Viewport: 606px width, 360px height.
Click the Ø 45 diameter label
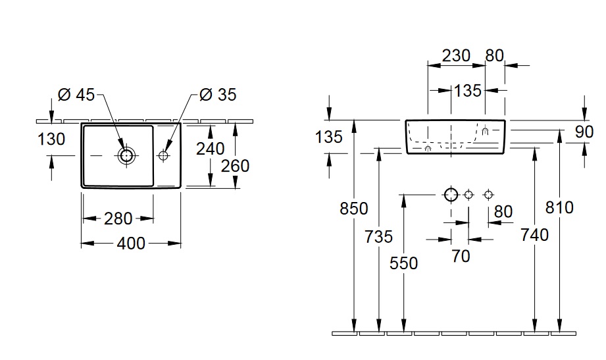click(x=76, y=95)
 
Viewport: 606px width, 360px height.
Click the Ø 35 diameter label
click(x=217, y=95)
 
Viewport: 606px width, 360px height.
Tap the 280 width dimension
click(x=118, y=218)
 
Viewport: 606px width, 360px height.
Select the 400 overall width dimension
click(x=131, y=244)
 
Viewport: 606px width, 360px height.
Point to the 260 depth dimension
click(x=235, y=165)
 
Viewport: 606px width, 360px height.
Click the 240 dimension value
click(x=210, y=149)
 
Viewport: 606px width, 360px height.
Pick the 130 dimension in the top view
click(x=51, y=139)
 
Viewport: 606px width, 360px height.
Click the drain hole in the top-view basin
click(x=125, y=155)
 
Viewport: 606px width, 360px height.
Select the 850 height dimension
click(x=354, y=209)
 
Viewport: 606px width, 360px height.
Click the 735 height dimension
click(x=378, y=236)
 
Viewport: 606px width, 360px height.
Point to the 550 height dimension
click(x=403, y=263)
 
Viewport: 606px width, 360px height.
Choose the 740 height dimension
click(x=534, y=234)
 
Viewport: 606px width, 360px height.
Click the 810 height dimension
click(x=559, y=208)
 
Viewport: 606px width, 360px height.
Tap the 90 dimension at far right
click(x=584, y=132)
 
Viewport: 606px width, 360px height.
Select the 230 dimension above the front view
click(x=456, y=55)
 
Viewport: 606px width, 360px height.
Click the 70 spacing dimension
click(x=461, y=256)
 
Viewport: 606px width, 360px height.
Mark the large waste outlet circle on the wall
click(x=451, y=195)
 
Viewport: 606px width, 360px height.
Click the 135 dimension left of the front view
click(x=329, y=137)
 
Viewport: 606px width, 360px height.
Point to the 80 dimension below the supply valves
click(x=503, y=211)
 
